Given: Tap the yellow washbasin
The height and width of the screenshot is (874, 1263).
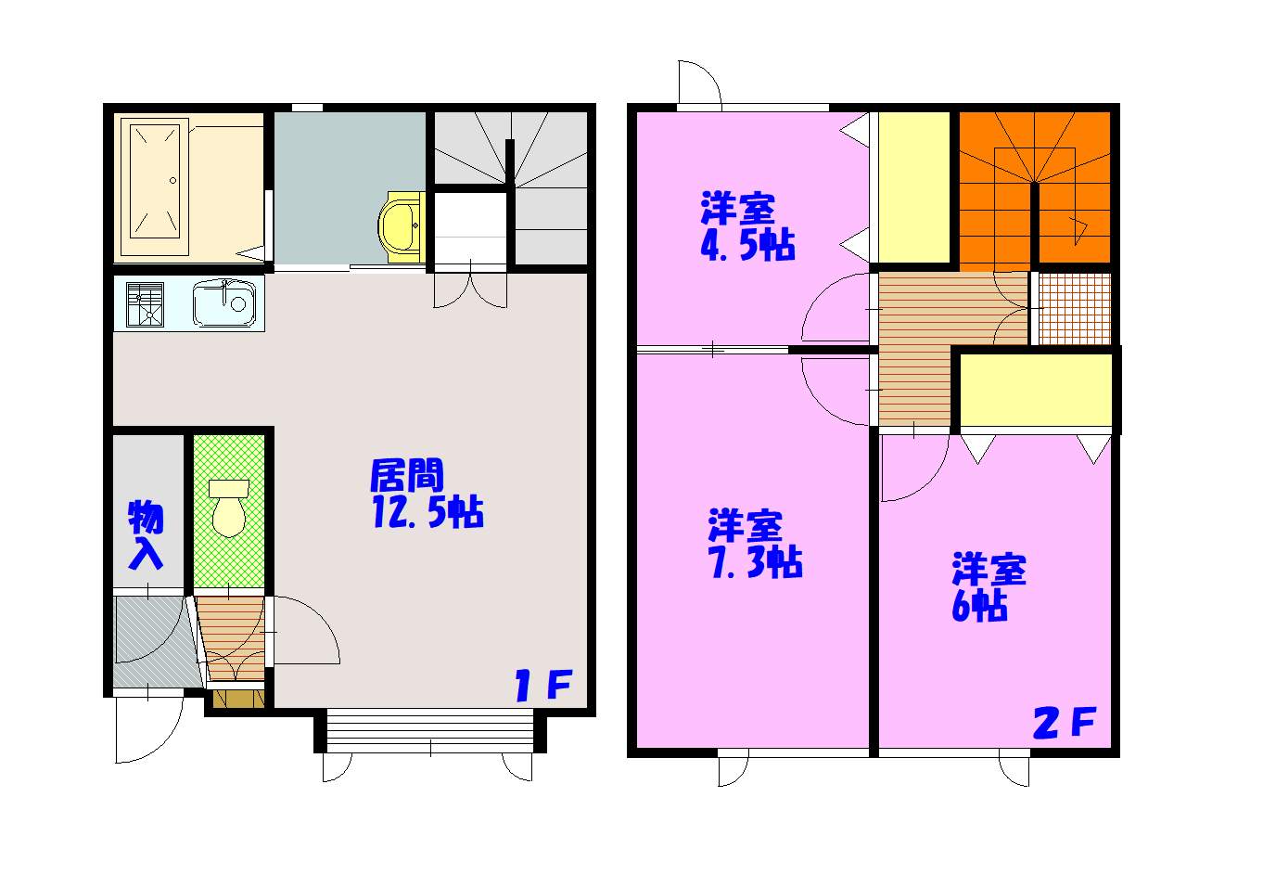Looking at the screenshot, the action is [402, 226].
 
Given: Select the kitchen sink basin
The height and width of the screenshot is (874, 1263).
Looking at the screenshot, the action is [223, 303].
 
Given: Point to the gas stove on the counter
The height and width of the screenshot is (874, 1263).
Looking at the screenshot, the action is [145, 304].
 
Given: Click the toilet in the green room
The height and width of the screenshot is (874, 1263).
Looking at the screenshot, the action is [229, 508].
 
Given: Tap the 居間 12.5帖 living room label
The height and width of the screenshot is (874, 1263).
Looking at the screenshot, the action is [427, 495].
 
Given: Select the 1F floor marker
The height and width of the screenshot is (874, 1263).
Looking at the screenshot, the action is [543, 685].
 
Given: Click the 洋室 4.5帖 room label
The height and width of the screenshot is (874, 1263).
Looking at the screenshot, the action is [747, 225].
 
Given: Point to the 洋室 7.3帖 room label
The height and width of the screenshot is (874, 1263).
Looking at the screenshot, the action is [755, 544].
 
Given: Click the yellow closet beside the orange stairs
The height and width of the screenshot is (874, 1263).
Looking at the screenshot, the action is [914, 187].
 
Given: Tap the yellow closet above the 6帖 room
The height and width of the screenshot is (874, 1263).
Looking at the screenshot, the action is [1035, 391].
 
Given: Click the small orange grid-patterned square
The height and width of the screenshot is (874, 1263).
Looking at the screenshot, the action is [1075, 308].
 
